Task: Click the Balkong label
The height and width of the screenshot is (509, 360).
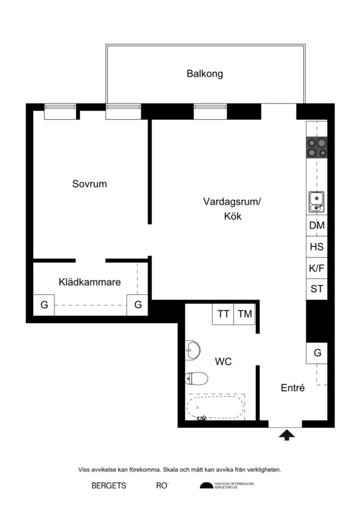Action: [205, 74]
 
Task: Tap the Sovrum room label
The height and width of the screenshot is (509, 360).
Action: [90, 184]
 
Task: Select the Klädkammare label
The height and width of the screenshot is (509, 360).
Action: [90, 282]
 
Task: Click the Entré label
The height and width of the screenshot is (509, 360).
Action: [292, 388]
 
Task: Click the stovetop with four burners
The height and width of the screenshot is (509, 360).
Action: [317, 148]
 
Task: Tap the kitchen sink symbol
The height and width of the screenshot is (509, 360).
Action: [316, 201]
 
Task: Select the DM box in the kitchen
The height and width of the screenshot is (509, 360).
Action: [317, 226]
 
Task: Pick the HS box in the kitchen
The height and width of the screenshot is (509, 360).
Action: [317, 247]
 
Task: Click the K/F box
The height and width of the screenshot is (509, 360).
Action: [317, 268]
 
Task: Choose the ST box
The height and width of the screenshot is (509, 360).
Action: [317, 289]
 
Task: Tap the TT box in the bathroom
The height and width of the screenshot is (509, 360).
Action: [223, 314]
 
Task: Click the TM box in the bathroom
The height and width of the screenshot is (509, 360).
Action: [245, 314]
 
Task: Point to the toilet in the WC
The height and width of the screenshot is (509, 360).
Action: [195, 379]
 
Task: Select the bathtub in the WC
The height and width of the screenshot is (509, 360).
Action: [216, 407]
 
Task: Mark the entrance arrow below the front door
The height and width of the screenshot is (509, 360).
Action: [286, 436]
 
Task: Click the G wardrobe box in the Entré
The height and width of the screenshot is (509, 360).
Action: [317, 353]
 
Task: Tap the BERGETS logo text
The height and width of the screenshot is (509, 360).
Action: [109, 486]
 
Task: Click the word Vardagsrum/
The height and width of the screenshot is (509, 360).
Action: [232, 202]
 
